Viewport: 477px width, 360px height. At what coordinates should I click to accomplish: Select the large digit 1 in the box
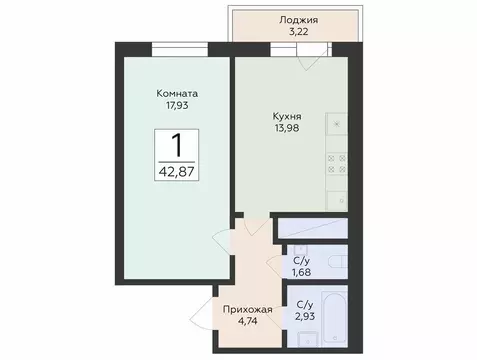tap(177, 145)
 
